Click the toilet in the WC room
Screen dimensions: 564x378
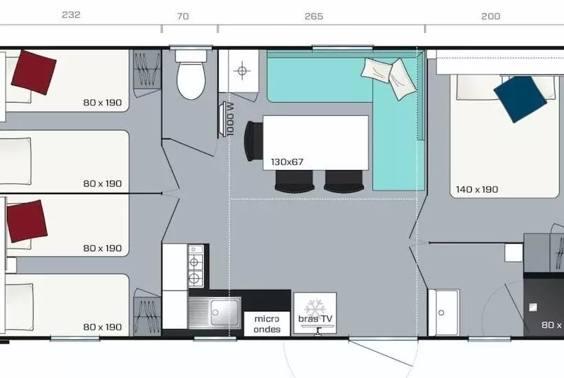click(x=191, y=74)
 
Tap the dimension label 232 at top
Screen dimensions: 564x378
click(x=72, y=14)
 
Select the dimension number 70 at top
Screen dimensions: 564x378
click(x=183, y=17)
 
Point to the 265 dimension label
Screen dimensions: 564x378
click(x=314, y=17)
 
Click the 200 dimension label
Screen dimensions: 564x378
click(x=490, y=17)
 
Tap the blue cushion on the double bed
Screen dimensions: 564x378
click(x=520, y=99)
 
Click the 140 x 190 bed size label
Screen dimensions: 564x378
click(x=477, y=189)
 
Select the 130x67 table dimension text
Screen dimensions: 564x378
click(x=287, y=162)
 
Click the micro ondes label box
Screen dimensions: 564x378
click(x=267, y=324)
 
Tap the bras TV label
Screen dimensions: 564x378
click(x=315, y=319)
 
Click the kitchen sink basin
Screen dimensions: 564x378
click(x=224, y=312)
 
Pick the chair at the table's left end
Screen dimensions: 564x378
click(x=254, y=141)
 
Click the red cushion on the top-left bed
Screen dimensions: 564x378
click(x=34, y=72)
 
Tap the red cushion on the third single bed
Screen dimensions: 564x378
click(x=27, y=222)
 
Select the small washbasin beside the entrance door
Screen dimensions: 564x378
click(x=444, y=312)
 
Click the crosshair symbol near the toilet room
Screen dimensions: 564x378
click(x=242, y=70)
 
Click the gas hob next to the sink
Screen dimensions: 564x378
click(x=195, y=266)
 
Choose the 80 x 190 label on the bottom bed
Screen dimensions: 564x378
click(x=102, y=327)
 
